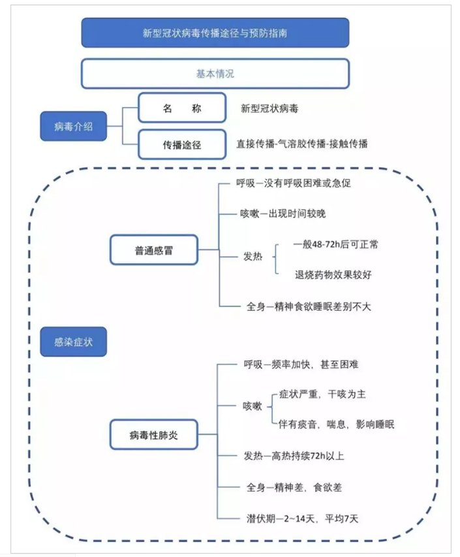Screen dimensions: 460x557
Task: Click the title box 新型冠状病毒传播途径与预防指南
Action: pos(215,33)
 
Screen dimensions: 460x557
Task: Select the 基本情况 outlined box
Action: pos(215,74)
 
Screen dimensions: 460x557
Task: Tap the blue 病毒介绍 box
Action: pos(74,126)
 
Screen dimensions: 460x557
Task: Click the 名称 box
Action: pos(182,108)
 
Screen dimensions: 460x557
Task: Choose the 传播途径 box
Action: pos(182,144)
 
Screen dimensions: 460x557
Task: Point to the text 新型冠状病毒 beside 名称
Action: pos(269,108)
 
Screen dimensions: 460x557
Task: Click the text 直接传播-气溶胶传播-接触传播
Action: pos(302,144)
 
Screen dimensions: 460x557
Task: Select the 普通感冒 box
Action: pos(154,249)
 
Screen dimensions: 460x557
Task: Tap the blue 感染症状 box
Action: pos(74,342)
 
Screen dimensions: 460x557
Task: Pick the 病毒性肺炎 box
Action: pos(154,434)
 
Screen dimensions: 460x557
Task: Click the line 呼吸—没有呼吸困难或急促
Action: pos(294,183)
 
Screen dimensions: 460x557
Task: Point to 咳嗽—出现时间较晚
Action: pos(283,214)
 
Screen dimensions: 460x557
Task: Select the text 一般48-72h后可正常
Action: pos(336,244)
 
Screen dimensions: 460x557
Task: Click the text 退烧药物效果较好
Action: pos(333,275)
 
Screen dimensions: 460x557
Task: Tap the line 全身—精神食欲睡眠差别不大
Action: pos(309,306)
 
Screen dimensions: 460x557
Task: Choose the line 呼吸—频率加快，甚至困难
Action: pos(301,364)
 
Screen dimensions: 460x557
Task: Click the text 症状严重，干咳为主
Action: pos(322,394)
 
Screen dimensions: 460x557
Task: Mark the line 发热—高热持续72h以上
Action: pos(294,456)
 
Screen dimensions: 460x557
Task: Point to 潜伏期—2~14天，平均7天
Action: pos(302,518)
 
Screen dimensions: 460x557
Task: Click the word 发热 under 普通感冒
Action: pos(253,257)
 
